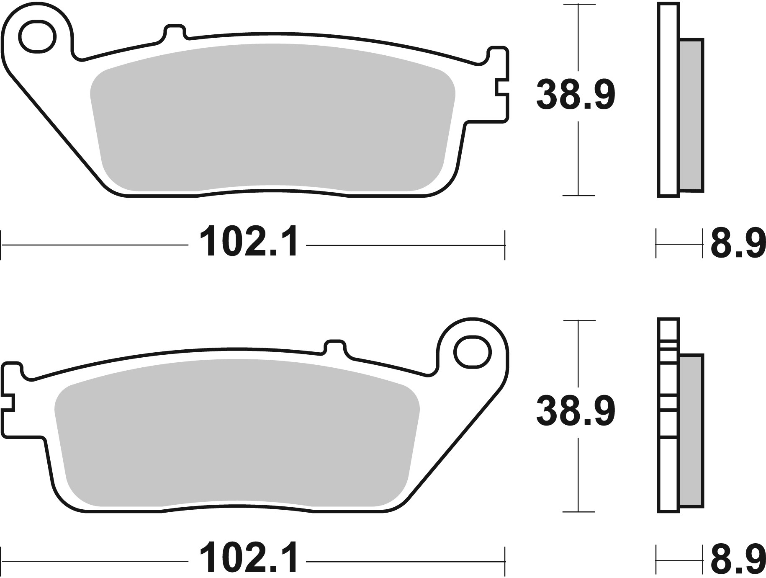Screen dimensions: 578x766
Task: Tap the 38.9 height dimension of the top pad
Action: (576, 95)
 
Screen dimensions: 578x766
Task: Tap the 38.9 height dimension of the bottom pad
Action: (576, 412)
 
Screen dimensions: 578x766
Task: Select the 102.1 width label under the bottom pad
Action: (249, 559)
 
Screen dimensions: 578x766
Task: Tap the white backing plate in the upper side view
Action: (668, 101)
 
